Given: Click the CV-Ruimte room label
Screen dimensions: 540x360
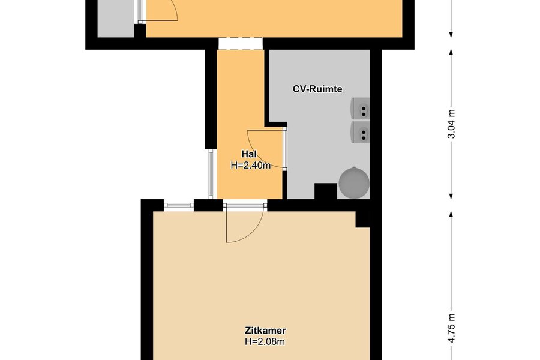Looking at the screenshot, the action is pos(317,89).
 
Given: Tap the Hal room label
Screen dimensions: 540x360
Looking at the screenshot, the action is pos(248,154).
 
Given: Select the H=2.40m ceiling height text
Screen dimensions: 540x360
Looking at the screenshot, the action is pos(251,166).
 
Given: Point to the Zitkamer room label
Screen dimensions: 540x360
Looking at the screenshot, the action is pos(265,331).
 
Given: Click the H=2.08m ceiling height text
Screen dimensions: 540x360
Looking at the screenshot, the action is pos(265,342).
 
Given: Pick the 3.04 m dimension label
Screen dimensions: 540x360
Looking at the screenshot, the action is pos(451,124).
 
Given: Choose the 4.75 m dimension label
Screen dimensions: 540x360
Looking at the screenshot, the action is pos(451,328).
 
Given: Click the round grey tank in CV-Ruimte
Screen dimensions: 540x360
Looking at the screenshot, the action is pos(354,183).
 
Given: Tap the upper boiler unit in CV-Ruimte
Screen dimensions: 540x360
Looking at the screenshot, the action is pos(360,109).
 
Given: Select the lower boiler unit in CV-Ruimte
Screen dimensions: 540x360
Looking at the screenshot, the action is pos(360,132).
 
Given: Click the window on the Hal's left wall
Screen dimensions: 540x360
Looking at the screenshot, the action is pos(211,174).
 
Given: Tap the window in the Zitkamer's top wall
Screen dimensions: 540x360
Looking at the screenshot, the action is pos(179,205).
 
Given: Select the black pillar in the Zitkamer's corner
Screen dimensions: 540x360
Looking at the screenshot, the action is pos(362,219).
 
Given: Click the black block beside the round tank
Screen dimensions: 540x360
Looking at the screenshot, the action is pos(326,191).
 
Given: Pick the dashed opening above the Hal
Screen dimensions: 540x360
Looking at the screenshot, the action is pos(241,44).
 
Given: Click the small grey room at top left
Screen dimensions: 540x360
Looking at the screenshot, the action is pos(116,18).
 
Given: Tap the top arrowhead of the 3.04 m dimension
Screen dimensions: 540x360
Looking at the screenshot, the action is pos(451,52).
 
